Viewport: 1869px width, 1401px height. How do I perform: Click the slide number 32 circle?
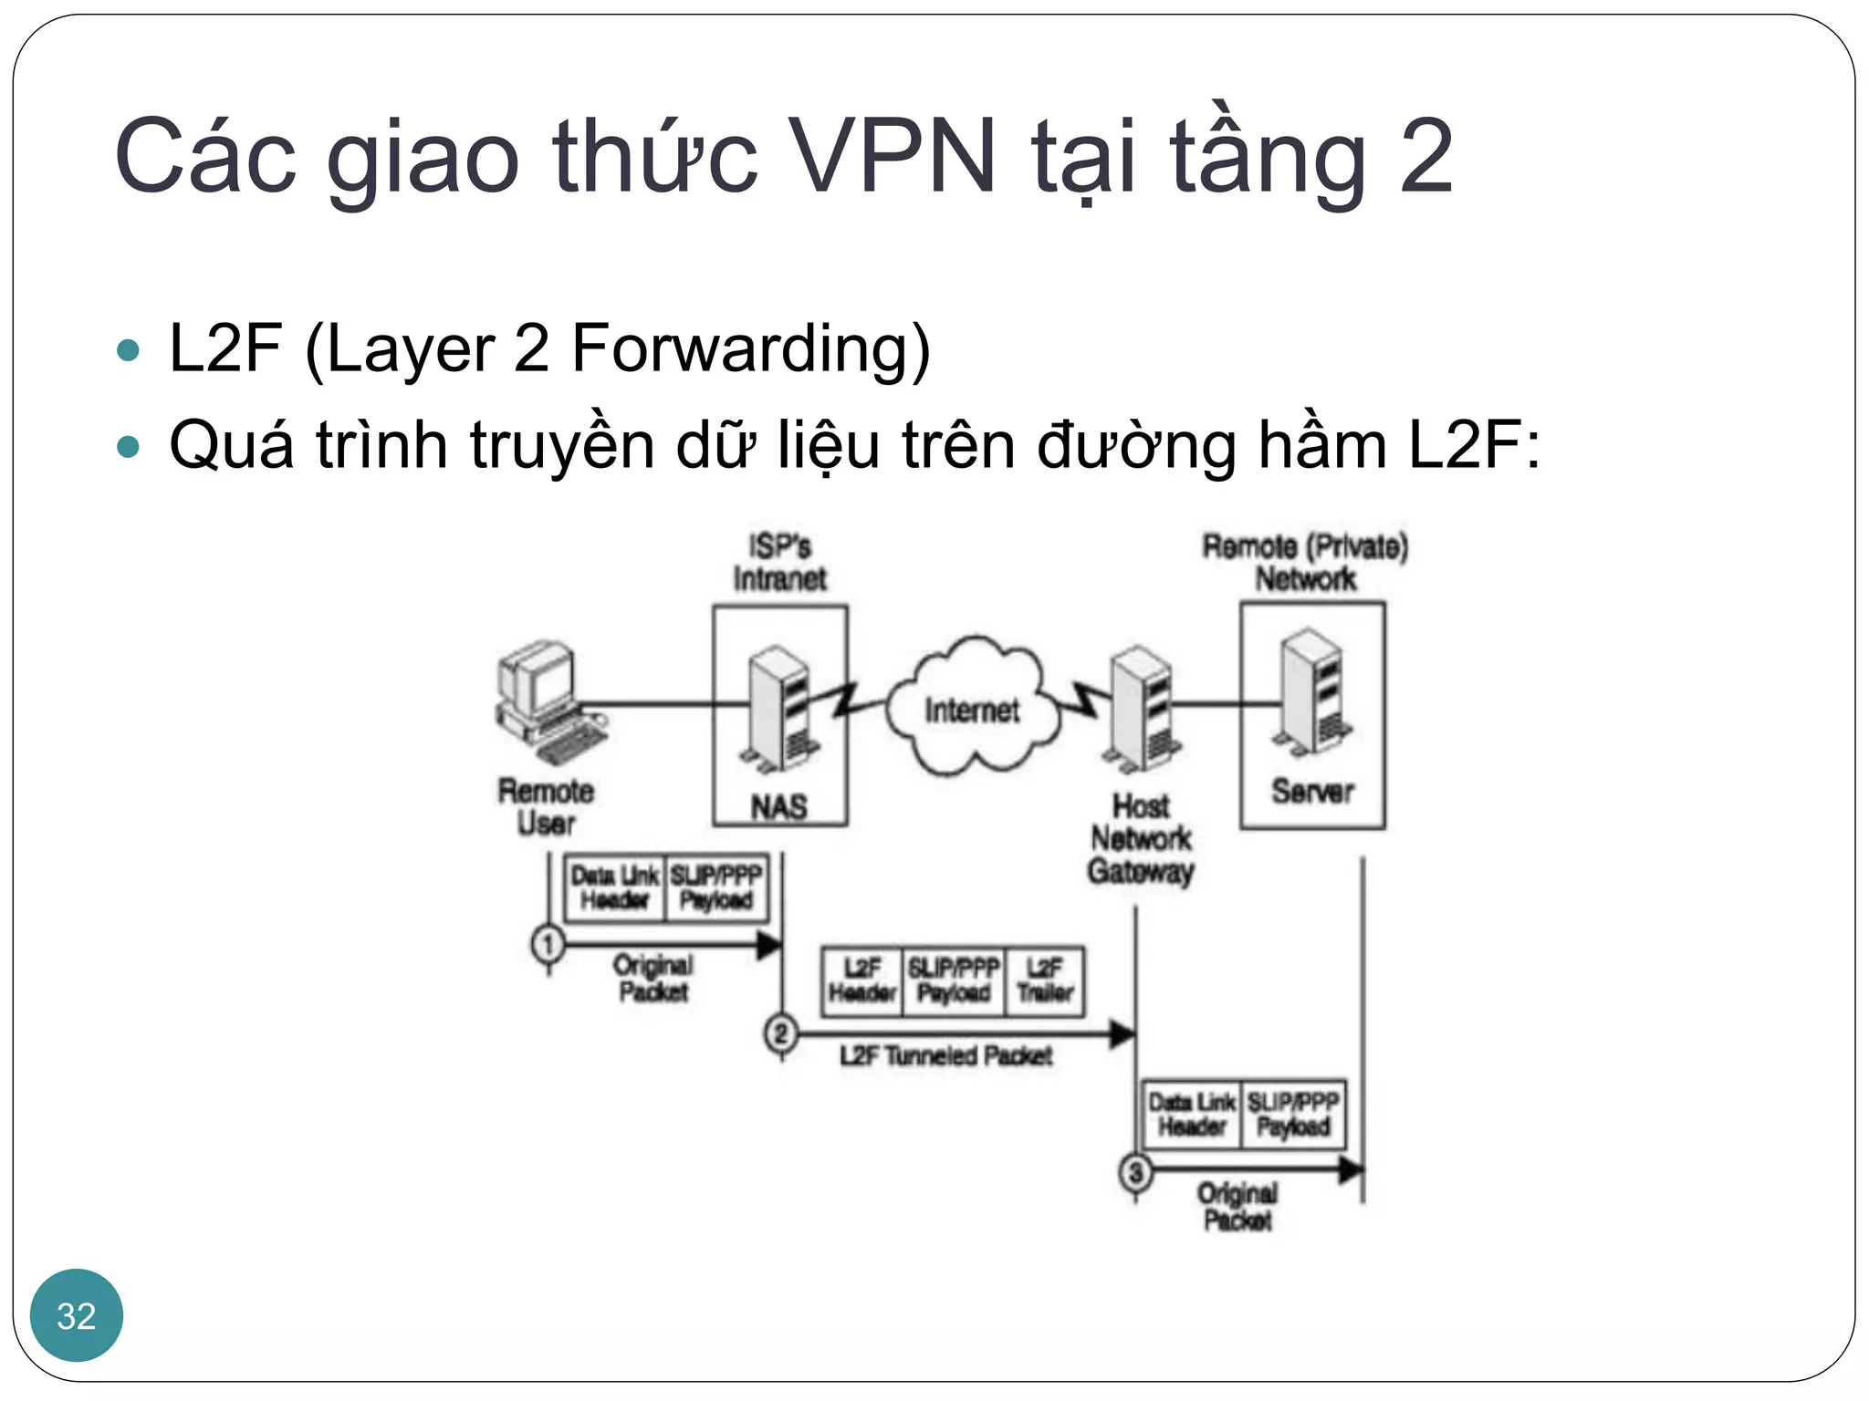tap(77, 1315)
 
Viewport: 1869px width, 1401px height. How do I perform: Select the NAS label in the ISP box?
tap(778, 806)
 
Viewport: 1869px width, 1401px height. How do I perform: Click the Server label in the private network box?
tap(1312, 791)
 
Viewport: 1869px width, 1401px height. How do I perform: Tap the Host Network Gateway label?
tap(1141, 838)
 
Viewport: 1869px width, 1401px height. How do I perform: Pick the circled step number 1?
tap(548, 944)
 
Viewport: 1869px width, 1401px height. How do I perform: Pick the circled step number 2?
tap(781, 1034)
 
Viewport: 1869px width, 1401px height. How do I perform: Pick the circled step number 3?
tap(1135, 1172)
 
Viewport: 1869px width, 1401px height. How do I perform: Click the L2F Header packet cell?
tap(862, 981)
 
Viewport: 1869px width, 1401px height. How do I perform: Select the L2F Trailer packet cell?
tap(1045, 981)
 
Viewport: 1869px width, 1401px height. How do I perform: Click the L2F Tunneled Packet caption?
tap(945, 1056)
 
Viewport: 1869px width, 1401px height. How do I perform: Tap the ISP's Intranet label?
tap(779, 563)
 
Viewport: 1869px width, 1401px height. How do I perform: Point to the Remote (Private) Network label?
tap(1305, 563)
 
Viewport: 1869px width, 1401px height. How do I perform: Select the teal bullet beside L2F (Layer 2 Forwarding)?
tap(129, 350)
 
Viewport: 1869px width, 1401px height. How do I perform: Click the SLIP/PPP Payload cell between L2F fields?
tap(954, 981)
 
